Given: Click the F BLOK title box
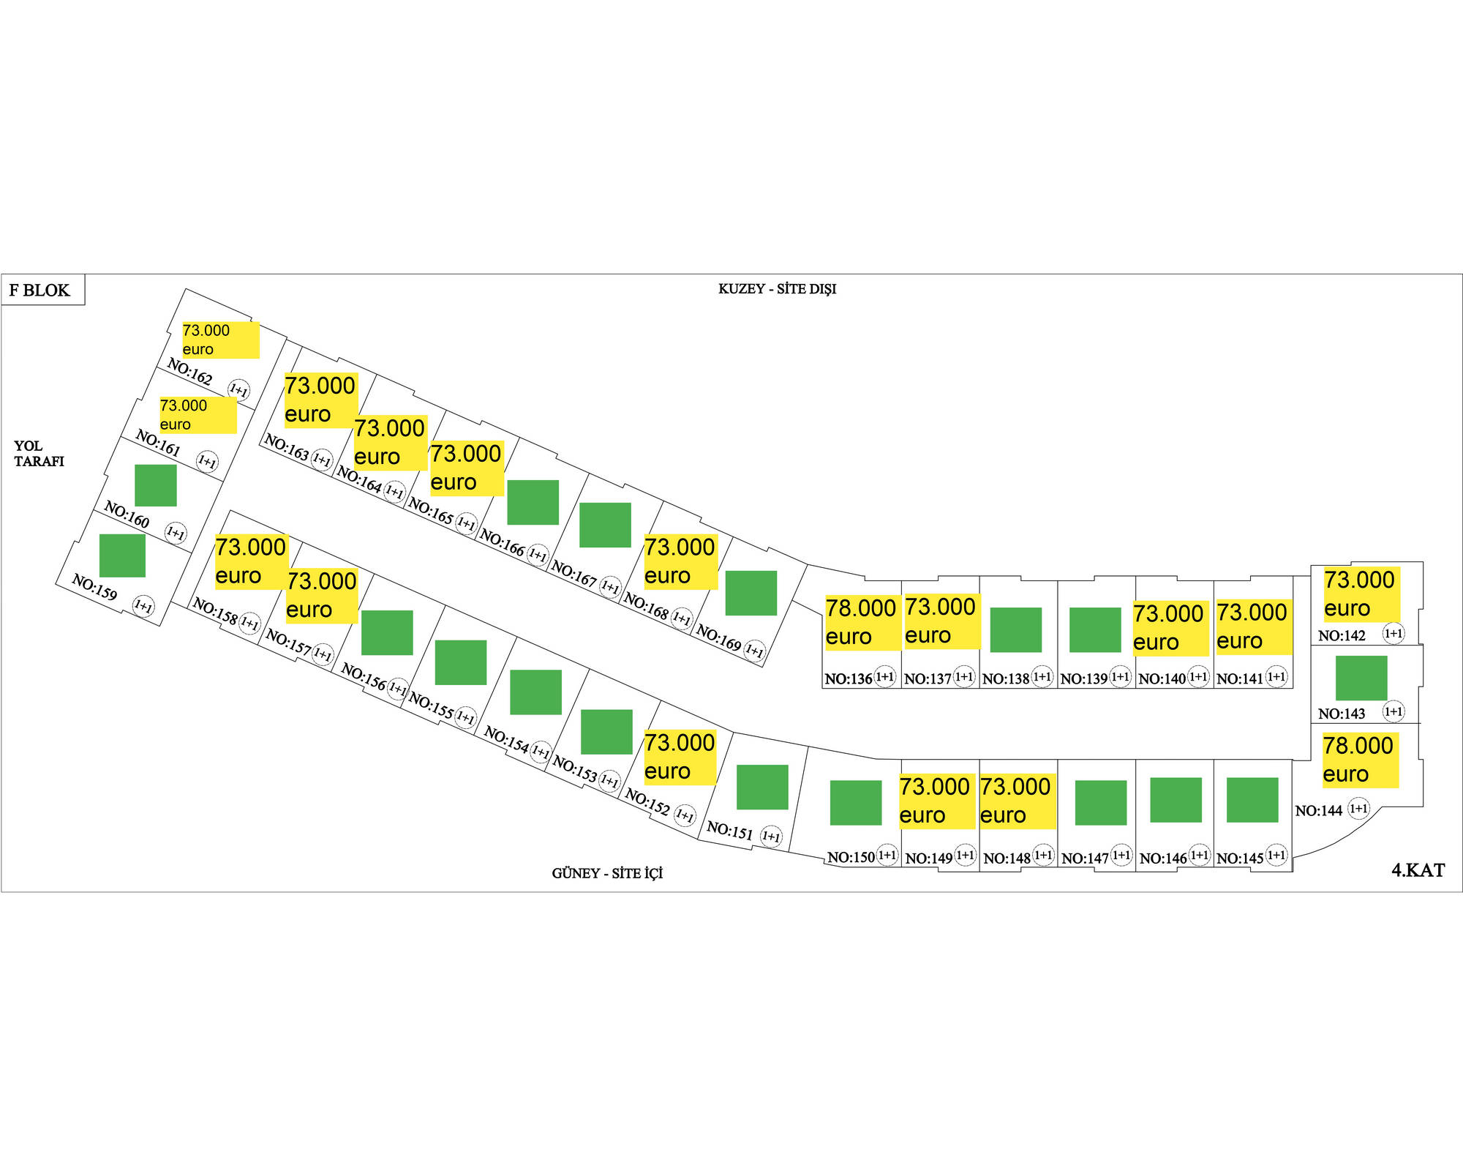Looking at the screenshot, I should [x=42, y=290].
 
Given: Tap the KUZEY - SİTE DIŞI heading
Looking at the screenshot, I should [x=777, y=289].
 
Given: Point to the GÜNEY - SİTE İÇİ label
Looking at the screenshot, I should [x=607, y=873].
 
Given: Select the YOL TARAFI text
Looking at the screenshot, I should [x=39, y=454].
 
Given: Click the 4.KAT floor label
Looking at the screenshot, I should [x=1418, y=870].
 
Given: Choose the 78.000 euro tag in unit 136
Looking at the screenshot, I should [x=861, y=622].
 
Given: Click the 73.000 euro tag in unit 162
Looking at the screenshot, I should [x=220, y=340].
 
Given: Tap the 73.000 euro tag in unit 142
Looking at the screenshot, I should [x=1361, y=594].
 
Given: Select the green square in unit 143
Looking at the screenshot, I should [x=1361, y=678].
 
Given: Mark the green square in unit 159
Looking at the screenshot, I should [x=122, y=555].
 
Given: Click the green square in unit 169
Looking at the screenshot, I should [x=751, y=593].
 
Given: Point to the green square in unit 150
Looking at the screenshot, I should [x=855, y=802].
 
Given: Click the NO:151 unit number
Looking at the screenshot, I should [x=729, y=830].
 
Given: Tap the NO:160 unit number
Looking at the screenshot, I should [x=127, y=515].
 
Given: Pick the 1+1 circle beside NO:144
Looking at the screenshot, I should [x=1358, y=809].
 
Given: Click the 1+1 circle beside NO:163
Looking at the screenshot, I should [x=322, y=460].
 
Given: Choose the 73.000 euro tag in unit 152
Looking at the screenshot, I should [x=680, y=757].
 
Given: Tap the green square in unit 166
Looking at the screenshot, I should [x=533, y=502].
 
